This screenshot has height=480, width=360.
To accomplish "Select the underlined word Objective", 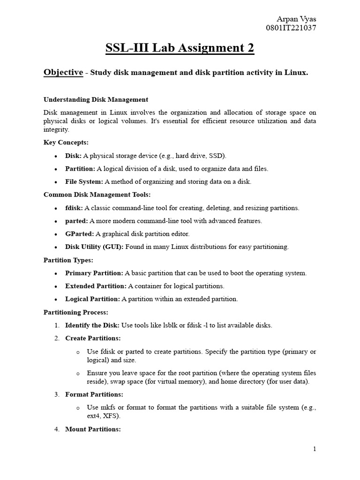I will point(63,72).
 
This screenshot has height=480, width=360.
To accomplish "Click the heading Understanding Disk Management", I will point(96,99).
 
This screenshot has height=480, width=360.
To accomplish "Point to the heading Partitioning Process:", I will point(76,312).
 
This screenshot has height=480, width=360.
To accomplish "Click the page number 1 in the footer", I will point(315,449).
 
